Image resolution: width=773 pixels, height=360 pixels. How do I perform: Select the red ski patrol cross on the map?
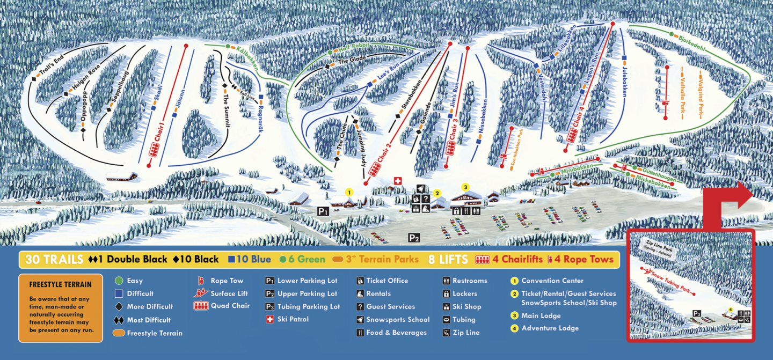(x=398, y=181)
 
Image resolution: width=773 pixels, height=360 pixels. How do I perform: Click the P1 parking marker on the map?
(x=323, y=211)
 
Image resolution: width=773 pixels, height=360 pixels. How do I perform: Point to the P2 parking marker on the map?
(x=413, y=237)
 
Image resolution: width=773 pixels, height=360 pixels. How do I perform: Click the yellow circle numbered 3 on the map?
(x=465, y=187)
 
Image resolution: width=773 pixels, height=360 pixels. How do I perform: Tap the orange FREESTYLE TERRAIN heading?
(x=60, y=284)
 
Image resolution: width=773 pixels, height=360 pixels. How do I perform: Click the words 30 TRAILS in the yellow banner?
(x=54, y=260)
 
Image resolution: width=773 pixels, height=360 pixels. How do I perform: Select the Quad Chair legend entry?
(x=229, y=306)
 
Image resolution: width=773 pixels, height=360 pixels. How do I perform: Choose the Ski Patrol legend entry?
(x=293, y=319)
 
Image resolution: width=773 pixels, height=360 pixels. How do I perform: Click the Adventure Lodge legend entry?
(x=550, y=328)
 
